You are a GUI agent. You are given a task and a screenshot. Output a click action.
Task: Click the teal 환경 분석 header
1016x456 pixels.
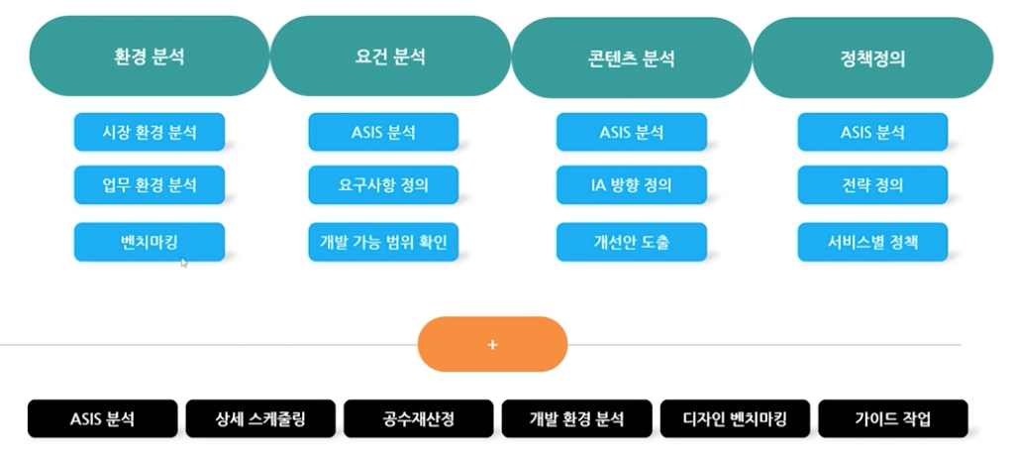(150, 57)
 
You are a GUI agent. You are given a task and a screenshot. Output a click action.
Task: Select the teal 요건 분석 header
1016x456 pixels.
(390, 57)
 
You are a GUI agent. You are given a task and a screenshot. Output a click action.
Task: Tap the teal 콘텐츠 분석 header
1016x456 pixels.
(631, 57)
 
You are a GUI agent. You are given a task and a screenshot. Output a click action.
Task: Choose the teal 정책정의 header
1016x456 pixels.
(872, 57)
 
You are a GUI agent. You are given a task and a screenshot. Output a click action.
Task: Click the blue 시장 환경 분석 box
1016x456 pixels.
(150, 132)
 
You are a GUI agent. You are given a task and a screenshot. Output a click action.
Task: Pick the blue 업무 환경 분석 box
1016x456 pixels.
(150, 185)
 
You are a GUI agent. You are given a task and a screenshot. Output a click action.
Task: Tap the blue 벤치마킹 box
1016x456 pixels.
(150, 242)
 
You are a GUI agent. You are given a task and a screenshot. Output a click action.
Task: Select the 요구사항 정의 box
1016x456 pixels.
(383, 185)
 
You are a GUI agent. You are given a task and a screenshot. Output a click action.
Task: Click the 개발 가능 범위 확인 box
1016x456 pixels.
(383, 242)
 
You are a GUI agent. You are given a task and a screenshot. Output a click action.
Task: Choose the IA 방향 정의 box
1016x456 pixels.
(631, 185)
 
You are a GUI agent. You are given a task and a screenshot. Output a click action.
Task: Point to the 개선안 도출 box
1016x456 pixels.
(631, 242)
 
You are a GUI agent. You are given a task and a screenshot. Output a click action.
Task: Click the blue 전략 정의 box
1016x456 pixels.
(872, 185)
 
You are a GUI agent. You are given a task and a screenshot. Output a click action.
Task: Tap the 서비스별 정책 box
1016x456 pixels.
(872, 242)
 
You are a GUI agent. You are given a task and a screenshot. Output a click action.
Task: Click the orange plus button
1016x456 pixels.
(492, 344)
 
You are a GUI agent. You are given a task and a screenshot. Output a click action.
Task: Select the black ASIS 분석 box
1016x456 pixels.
(102, 418)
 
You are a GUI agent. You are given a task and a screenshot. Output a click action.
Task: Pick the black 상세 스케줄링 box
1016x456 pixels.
(260, 418)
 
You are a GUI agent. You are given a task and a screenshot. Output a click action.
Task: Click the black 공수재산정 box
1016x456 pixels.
(419, 418)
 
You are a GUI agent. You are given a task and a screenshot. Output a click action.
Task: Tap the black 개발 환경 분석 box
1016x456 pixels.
(576, 418)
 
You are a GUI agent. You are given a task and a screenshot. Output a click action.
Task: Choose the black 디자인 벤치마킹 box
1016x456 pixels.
(735, 418)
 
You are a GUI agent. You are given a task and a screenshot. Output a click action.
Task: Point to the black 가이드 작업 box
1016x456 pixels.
(892, 418)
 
